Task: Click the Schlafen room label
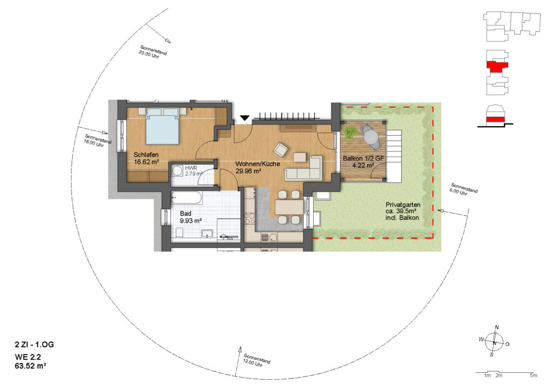[146, 155]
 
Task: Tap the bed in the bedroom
[162, 126]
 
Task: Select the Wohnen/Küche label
[258, 164]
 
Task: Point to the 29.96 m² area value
[248, 171]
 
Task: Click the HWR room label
[191, 168]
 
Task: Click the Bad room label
[185, 213]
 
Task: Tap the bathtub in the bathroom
[187, 198]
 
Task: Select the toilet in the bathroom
[180, 233]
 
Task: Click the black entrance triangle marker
[245, 118]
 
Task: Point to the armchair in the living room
[281, 149]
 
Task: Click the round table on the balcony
[370, 135]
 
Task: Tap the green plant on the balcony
[349, 132]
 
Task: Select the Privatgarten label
[403, 205]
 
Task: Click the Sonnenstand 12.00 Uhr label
[256, 360]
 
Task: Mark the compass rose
[494, 342]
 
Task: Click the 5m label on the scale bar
[533, 375]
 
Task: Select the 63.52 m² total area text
[31, 366]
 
